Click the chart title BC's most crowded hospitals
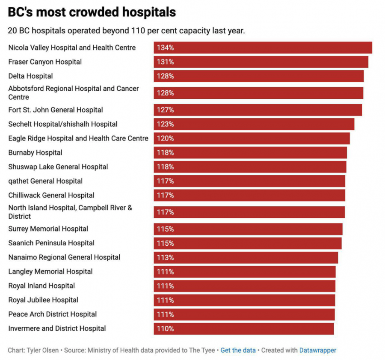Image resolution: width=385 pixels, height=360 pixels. coord(92,12)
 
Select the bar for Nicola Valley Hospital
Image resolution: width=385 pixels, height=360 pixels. coord(263,48)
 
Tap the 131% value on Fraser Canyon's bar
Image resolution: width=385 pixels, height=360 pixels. coord(165,62)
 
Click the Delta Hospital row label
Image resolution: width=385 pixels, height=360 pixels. coord(31,76)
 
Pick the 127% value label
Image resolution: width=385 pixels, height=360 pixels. coord(165,110)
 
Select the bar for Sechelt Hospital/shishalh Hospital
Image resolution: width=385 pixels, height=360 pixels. coord(254,124)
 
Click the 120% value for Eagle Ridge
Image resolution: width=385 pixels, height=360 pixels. coord(165,138)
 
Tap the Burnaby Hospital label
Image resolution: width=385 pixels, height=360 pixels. coord(35,152)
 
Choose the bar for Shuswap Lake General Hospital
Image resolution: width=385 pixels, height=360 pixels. coord(250,167)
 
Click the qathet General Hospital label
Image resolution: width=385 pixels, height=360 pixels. coord(45,181)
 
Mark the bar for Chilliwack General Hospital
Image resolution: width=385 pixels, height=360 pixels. coord(249,195)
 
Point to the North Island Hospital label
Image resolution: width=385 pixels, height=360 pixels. coord(70,212)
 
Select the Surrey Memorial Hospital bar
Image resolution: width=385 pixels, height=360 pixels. coord(248,229)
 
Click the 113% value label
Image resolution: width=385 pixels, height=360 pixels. coord(165,257)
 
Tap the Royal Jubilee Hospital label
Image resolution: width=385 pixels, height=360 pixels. coord(43,300)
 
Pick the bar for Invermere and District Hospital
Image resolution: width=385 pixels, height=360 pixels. coord(244,328)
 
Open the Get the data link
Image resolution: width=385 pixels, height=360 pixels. coord(238,350)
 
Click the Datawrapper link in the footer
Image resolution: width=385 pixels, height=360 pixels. coord(317,350)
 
